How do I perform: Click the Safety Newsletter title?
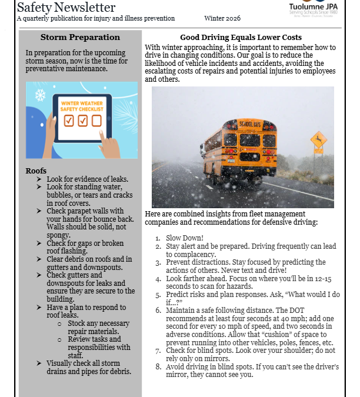[66, 7]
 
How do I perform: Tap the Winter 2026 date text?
[222, 19]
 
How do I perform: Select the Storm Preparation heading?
[80, 37]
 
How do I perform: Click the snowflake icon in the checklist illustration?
[40, 95]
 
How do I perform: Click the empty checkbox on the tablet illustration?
[96, 121]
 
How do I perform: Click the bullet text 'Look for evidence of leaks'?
[88, 179]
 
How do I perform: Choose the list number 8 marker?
[158, 367]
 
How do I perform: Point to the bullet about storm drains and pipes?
[89, 367]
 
